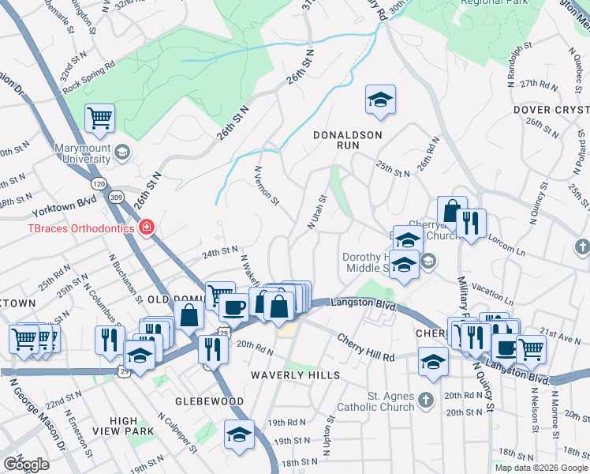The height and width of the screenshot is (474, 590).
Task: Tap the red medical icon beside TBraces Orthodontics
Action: coord(145,228)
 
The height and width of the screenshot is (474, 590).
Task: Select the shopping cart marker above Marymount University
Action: coord(100,119)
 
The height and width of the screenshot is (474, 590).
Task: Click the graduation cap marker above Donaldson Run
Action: coord(380,100)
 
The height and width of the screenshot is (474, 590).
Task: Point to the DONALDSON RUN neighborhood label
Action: coord(348,135)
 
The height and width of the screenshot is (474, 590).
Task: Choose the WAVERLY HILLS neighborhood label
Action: coord(295,375)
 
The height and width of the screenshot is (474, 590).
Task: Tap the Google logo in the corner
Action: coord(26,465)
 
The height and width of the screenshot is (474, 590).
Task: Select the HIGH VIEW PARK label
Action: coord(133,427)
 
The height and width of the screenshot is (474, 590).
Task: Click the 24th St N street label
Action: coord(219,251)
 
